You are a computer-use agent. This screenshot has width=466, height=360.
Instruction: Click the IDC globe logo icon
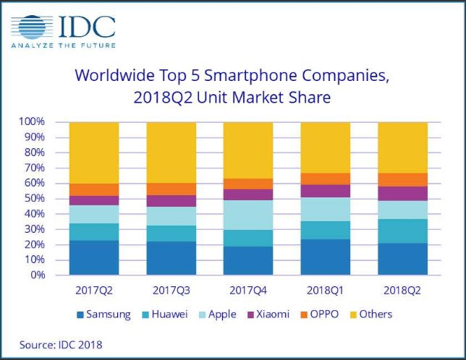32,27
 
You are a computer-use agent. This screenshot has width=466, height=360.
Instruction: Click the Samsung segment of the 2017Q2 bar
94,257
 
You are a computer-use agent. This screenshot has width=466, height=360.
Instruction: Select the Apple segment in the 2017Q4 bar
248,215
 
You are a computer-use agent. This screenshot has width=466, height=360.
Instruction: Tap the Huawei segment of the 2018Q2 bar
402,231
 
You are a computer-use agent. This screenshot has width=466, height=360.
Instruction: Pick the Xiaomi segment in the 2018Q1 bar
325,191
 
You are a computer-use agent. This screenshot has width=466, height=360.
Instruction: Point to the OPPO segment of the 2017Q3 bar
171,189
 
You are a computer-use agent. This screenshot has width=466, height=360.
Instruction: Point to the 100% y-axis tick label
33,122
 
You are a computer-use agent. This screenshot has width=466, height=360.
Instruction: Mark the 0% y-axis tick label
38,275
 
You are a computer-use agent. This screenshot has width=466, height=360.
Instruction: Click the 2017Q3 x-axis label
171,291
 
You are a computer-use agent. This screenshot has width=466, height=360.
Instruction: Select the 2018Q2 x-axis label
402,291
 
